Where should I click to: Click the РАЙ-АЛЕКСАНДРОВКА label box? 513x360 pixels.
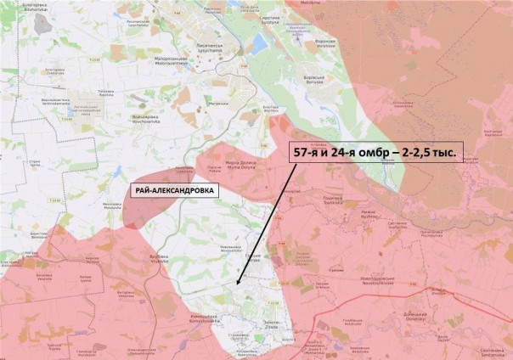tap(173, 190)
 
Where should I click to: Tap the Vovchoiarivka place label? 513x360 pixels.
tap(128, 118)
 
